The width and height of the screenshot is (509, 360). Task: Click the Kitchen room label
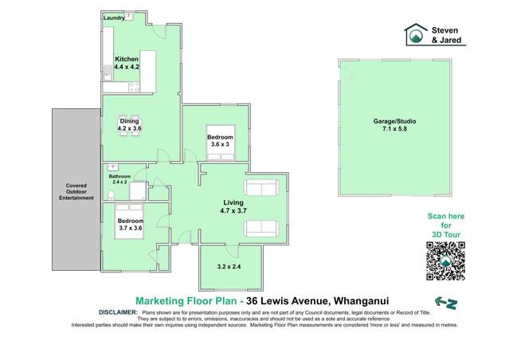coord(127,59)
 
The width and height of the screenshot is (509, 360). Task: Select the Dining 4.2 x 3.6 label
coord(128,123)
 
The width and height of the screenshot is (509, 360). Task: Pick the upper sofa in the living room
coord(261,188)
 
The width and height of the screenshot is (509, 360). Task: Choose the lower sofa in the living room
coord(261,230)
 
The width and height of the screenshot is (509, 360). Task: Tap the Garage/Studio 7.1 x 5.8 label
coord(394,125)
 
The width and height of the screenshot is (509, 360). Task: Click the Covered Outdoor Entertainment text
coord(76,194)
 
